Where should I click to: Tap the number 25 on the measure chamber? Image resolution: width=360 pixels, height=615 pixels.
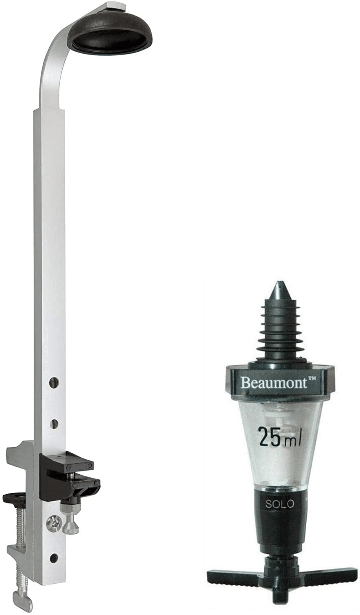click(269, 437)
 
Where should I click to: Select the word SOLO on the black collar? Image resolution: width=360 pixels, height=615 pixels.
click(280, 503)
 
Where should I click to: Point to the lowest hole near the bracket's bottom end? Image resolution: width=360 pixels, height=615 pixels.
click(53, 558)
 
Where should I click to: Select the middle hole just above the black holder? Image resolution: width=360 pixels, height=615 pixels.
click(53, 422)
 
